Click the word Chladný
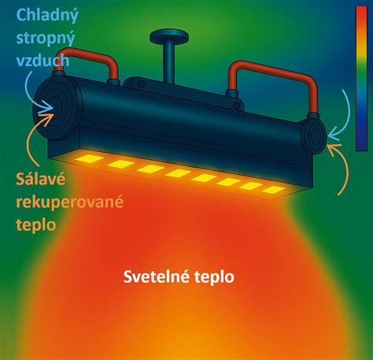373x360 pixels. coord(47,16)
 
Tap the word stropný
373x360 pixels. coord(46,39)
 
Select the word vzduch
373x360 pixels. coord(42,61)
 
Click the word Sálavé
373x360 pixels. coord(40,179)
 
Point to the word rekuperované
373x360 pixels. coord(69,202)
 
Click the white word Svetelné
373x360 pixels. coord(157,276)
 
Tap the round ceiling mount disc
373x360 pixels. coord(169,37)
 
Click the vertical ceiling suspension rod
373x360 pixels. coord(169,61)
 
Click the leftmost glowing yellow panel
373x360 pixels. coord(90,158)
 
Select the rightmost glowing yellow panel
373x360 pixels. coord(273,190)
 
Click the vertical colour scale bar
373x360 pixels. coord(361,79)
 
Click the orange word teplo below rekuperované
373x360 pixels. coord(36,225)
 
